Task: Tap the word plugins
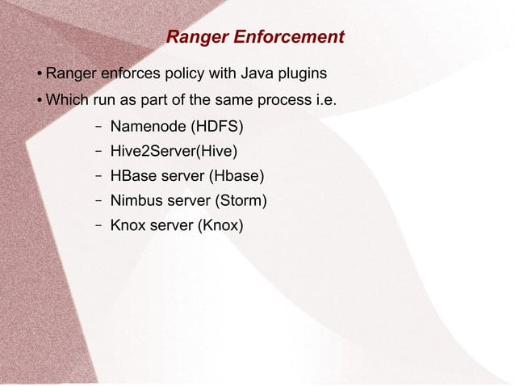[x=301, y=73]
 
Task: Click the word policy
[x=185, y=73]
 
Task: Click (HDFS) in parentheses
[x=220, y=127]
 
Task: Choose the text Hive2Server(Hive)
[x=174, y=151]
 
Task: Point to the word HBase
[x=132, y=175]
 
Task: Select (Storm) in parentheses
[x=237, y=199]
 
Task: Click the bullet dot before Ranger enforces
[x=39, y=74]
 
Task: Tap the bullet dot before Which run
[x=39, y=102]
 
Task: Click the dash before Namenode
[x=97, y=127]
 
